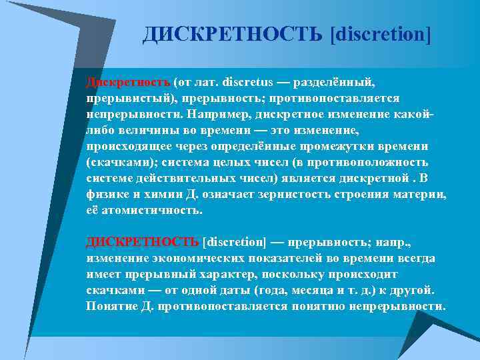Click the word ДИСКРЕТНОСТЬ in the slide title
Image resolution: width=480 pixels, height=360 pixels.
point(233,34)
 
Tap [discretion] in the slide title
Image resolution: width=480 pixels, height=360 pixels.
point(381,34)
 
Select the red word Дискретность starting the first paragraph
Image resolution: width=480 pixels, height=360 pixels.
point(127,83)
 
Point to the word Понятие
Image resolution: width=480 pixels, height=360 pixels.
point(110,306)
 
